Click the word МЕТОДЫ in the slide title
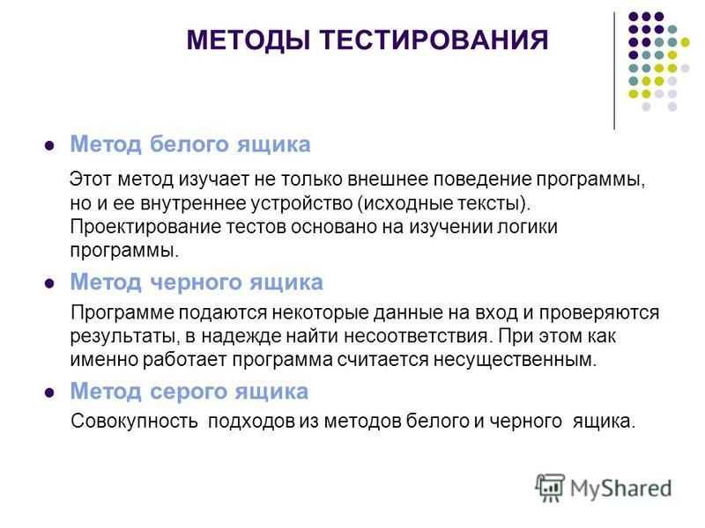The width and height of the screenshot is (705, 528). coord(249,40)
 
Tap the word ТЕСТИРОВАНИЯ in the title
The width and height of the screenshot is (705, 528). coord(434,40)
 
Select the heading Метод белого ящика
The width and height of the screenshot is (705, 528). coord(190,145)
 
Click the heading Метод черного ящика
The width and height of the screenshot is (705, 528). coord(197,282)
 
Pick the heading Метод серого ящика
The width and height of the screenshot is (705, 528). coord(189,392)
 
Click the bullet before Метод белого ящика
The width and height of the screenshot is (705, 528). coord(49,146)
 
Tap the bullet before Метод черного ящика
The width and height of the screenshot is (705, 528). coord(49,283)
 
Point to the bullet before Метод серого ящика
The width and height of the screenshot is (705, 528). coord(49,392)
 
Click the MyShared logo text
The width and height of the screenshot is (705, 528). coord(621,488)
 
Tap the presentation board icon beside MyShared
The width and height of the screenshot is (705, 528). coord(550,488)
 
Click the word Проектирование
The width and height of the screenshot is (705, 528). coord(145,227)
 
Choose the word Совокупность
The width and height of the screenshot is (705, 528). coord(135,422)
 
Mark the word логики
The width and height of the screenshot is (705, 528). coord(527,227)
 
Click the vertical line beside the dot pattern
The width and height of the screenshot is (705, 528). coord(614,71)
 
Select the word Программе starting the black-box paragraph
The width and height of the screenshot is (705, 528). coord(122,313)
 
